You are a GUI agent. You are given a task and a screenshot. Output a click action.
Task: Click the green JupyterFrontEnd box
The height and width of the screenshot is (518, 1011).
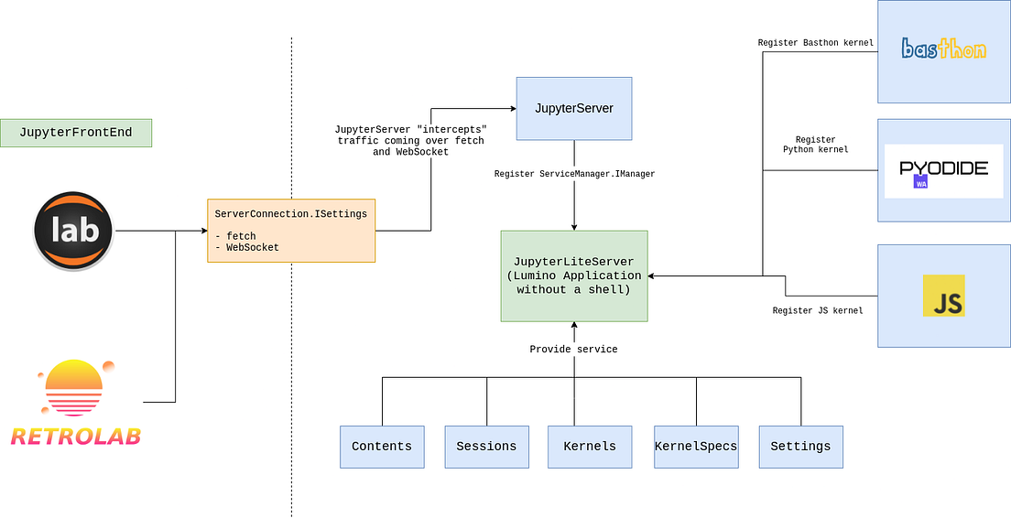tap(76, 133)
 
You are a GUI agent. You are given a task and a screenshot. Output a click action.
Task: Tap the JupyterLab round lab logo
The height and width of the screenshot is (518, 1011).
tap(74, 231)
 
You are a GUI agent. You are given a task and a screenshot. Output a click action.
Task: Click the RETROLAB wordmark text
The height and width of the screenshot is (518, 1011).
tap(76, 437)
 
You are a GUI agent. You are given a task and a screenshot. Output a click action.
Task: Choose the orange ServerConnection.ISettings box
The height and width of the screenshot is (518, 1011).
tap(291, 231)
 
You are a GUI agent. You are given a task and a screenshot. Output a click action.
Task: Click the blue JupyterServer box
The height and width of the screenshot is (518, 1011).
tap(574, 108)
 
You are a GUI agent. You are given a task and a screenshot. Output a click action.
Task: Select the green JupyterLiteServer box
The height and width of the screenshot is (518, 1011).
tap(574, 275)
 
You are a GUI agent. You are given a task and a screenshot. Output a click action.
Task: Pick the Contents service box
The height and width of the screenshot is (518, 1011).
tap(382, 447)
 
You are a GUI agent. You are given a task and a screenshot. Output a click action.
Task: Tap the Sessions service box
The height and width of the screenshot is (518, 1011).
tap(487, 447)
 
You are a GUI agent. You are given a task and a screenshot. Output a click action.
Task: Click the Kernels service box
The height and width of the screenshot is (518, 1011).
tap(591, 447)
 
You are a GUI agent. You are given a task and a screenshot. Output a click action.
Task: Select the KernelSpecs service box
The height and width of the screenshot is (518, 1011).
tap(696, 447)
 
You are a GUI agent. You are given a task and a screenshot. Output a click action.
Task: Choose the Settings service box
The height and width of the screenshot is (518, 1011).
tap(800, 447)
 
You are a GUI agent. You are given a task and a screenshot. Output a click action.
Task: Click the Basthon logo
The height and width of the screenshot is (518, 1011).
tap(943, 49)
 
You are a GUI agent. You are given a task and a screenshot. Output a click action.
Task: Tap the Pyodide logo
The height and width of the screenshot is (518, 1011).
tap(943, 171)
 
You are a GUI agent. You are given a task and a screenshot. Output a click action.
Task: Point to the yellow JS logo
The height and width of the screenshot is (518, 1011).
tap(943, 296)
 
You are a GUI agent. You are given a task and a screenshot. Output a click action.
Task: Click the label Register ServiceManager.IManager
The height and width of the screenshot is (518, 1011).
tap(574, 173)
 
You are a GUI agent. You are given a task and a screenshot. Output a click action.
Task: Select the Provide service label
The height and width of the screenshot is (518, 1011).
tap(574, 349)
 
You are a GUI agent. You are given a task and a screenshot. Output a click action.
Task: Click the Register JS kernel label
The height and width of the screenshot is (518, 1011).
tap(817, 310)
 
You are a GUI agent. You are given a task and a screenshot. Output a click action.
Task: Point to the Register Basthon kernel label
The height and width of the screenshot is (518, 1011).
tap(815, 43)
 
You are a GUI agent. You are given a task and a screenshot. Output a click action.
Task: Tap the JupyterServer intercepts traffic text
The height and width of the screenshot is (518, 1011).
tap(409, 141)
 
